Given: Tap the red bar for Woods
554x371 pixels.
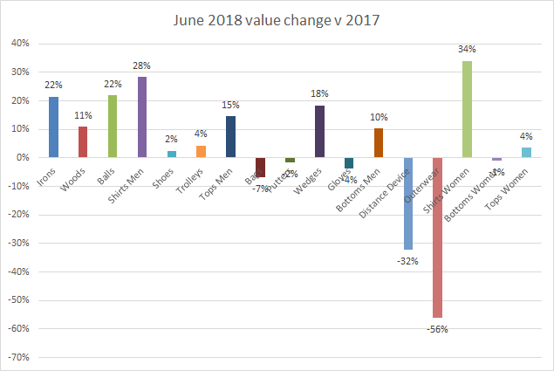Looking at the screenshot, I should pos(83,142).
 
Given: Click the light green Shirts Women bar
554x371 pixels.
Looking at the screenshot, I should pos(467,109).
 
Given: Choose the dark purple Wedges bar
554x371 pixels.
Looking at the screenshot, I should pos(319,132).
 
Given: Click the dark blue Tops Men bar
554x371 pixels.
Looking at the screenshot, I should pos(230,136).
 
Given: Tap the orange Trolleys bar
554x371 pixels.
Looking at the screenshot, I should pos(201,152).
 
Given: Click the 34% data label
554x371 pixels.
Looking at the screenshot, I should pos(467,50).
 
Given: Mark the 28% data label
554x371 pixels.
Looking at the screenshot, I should pos(142,66).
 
